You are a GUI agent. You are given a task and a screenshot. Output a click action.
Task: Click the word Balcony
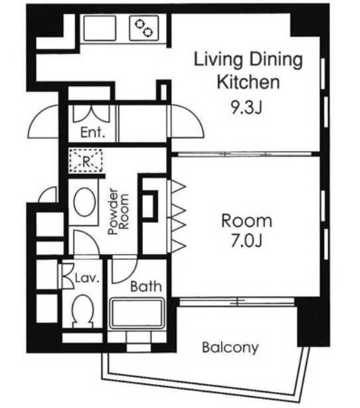pyautogui.click(x=230, y=348)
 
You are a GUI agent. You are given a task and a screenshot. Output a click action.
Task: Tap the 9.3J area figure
pyautogui.click(x=246, y=107)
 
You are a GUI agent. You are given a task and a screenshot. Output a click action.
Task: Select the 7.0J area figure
pyautogui.click(x=246, y=241)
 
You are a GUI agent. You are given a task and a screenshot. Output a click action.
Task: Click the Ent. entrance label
pyautogui.click(x=92, y=132)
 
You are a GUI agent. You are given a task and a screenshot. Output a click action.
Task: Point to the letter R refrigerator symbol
pyautogui.click(x=86, y=161)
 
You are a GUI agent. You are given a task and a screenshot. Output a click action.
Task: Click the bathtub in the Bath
pyautogui.click(x=137, y=314)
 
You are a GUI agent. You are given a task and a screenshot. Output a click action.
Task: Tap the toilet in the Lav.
pyautogui.click(x=83, y=311)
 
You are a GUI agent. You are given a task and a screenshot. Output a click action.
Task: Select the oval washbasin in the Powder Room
pyautogui.click(x=84, y=202)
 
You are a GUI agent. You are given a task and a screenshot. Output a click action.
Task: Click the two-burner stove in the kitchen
pyautogui.click(x=144, y=28)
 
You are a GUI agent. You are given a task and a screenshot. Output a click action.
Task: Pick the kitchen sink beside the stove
pyautogui.click(x=100, y=28)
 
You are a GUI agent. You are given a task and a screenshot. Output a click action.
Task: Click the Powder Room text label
pyautogui.click(x=118, y=211)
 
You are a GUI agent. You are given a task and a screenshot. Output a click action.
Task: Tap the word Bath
pyautogui.click(x=146, y=286)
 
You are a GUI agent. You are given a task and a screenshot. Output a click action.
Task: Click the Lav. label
pyautogui.click(x=87, y=278)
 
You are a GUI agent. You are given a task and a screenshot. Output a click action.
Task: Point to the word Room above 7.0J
pyautogui.click(x=246, y=221)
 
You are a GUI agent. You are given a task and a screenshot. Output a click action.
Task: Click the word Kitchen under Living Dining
pyautogui.click(x=248, y=82)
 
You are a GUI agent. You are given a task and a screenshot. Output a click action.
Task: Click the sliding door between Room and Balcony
pyautogui.click(x=236, y=301)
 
